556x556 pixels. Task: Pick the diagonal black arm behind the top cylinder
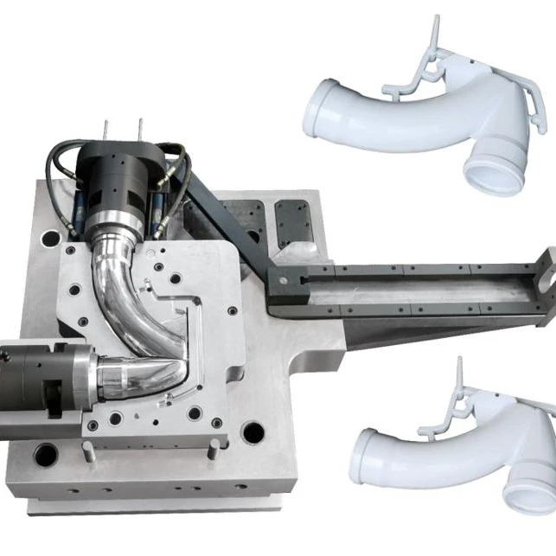coord(216,208)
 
